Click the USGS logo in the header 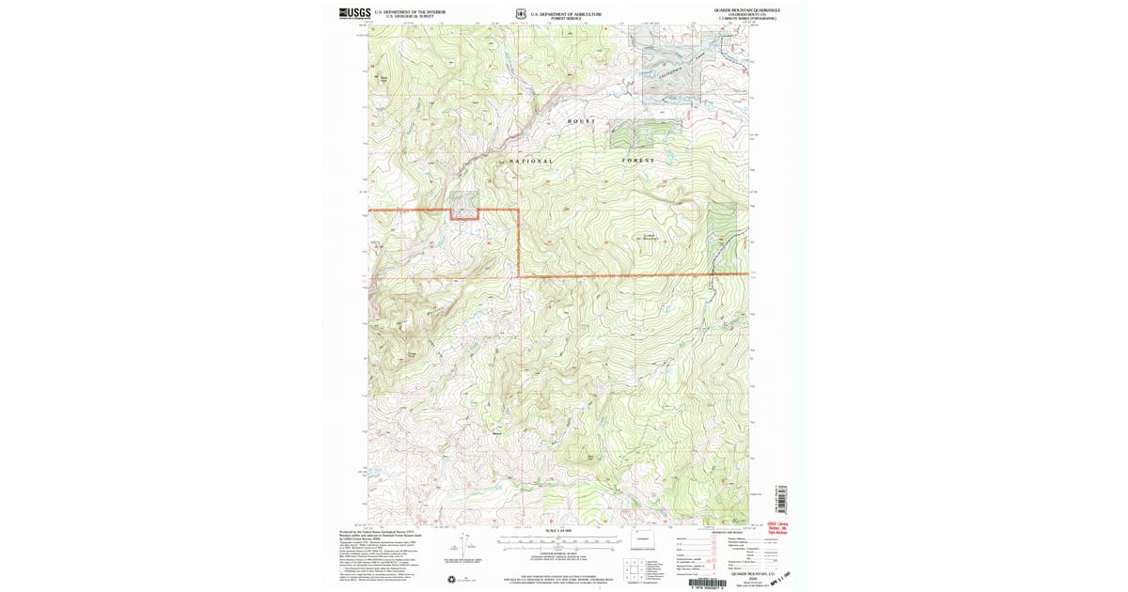pyautogui.click(x=354, y=12)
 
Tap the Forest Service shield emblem pyautogui.click(x=519, y=14)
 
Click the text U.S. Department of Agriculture pyautogui.click(x=566, y=13)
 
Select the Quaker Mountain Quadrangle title pyautogui.click(x=747, y=9)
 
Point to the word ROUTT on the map pyautogui.click(x=581, y=122)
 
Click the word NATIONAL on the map pyautogui.click(x=531, y=161)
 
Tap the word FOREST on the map pyautogui.click(x=637, y=161)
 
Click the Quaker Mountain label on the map pyautogui.click(x=657, y=236)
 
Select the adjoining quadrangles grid pyautogui.click(x=635, y=567)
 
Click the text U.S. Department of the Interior pyautogui.click(x=404, y=11)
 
